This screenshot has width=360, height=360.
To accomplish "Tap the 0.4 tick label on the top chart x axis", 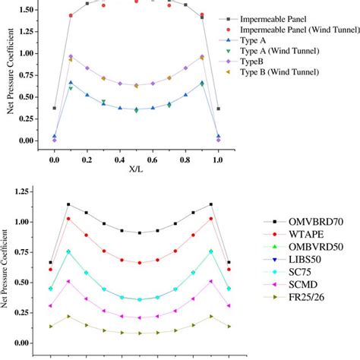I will tap(119, 161).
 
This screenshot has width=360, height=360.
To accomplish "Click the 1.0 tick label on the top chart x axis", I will tap(218, 161).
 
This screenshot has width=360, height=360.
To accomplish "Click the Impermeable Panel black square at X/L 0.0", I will tap(55, 108).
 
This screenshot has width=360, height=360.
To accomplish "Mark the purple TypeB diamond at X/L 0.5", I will tap(136, 85).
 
